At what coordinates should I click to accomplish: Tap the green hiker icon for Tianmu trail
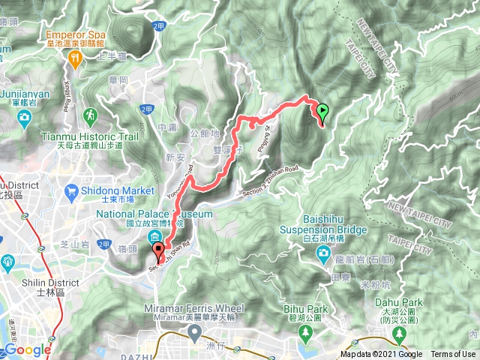click(90, 115)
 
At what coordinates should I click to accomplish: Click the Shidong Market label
click(117, 190)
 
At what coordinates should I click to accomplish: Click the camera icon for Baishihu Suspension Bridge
click(322, 253)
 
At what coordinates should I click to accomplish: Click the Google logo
click(27, 349)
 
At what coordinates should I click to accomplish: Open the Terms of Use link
click(453, 355)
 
